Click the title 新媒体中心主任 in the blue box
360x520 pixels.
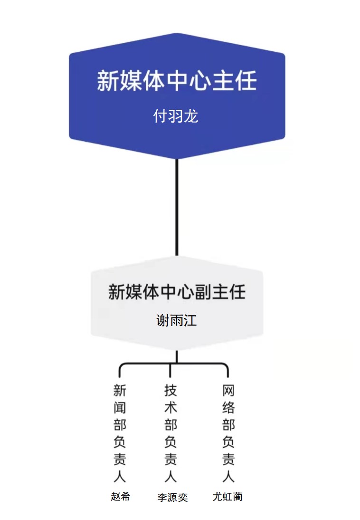pos(177,80)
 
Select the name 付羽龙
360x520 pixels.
pos(176,116)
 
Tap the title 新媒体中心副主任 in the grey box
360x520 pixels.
pos(177,291)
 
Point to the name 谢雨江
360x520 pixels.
pos(177,320)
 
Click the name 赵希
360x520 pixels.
pos(120,497)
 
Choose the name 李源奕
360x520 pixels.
pos(172,497)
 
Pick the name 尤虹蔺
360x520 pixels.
pos(227,497)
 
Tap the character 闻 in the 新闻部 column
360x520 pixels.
pos(120,408)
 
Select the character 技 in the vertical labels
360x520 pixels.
pos(171,391)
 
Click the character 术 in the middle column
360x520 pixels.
pos(171,408)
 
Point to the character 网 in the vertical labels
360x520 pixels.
pos(228,391)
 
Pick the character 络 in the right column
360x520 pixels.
pos(228,408)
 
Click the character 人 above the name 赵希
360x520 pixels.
pos(120,476)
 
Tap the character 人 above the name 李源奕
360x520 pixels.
pos(171,476)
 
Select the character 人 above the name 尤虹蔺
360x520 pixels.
pos(228,476)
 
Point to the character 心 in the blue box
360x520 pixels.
pos(199,80)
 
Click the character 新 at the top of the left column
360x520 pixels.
pos(120,391)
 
